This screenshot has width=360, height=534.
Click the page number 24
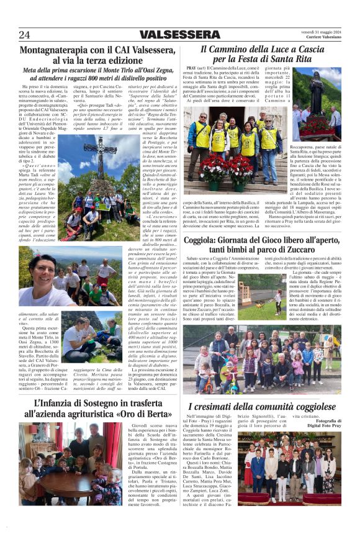tap(25, 35)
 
